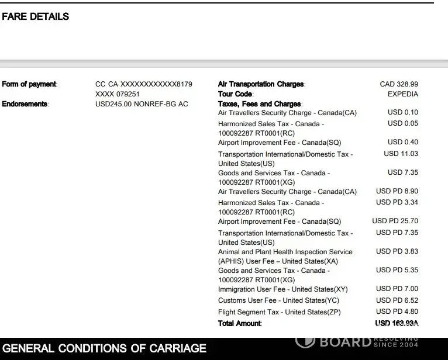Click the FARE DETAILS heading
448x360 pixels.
click(x=36, y=17)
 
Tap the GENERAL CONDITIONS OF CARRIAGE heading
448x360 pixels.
click(x=105, y=349)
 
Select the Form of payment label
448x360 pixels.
click(x=29, y=84)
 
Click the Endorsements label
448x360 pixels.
click(x=25, y=104)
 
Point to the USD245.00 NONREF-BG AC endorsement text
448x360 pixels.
click(x=142, y=104)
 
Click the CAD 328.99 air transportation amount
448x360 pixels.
click(x=399, y=84)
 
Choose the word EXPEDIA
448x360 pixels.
click(x=402, y=94)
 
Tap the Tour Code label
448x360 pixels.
click(x=235, y=94)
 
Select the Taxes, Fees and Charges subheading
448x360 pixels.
click(x=260, y=104)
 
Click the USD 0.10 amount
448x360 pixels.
click(x=403, y=112)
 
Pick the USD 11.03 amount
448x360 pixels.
click(x=401, y=154)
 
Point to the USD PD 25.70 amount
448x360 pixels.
click(x=395, y=221)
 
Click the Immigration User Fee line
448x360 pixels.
click(x=282, y=289)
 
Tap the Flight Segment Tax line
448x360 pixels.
click(x=279, y=312)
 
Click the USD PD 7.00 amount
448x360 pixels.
click(x=397, y=289)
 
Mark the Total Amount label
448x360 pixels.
click(x=240, y=323)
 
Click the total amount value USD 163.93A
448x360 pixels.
click(x=397, y=323)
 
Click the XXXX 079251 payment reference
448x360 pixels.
click(x=118, y=94)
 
